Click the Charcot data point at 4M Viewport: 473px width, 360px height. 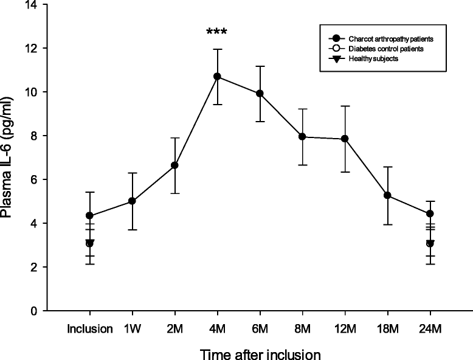point(217,77)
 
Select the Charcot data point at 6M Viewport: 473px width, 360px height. point(260,94)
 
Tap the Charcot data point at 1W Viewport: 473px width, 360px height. point(132,201)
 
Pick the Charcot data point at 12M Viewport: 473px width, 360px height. point(345,139)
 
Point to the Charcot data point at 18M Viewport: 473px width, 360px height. point(387,195)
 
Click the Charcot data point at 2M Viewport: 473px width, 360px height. point(174,165)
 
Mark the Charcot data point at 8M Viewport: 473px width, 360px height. point(302,137)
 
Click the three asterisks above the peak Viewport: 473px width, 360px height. point(217,32)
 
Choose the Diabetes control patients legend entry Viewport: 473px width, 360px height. point(380,49)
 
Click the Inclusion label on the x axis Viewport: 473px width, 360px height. point(90,328)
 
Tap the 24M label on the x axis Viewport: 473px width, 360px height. point(430,328)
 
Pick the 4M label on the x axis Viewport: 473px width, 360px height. point(217,328)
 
